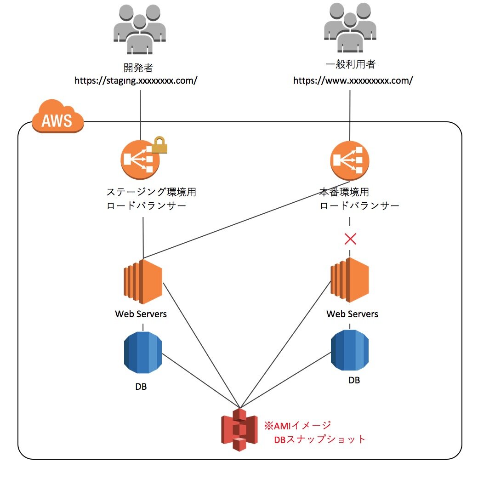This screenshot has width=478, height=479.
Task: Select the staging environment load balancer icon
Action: (140, 160)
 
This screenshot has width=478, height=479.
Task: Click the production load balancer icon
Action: (350, 160)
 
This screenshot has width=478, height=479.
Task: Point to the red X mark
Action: (351, 239)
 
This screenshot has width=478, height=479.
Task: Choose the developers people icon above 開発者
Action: (139, 29)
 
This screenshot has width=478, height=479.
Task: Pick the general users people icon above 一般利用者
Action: (350, 29)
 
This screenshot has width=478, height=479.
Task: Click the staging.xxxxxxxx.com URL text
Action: (136, 80)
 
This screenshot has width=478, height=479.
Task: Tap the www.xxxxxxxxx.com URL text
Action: (353, 80)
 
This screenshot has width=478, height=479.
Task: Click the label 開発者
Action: (138, 68)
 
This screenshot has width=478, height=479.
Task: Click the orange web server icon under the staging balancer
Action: (143, 281)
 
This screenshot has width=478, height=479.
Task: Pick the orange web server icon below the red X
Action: (350, 280)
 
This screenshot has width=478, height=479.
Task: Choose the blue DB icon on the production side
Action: (350, 349)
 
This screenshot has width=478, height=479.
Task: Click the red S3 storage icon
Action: (239, 429)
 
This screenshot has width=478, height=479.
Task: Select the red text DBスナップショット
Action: (320, 439)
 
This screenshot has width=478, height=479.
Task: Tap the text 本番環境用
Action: (344, 192)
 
